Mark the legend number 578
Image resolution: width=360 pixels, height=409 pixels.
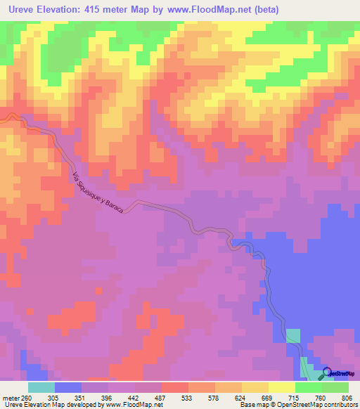coord(255,397)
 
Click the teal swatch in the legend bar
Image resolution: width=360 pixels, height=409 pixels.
coord(41,387)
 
